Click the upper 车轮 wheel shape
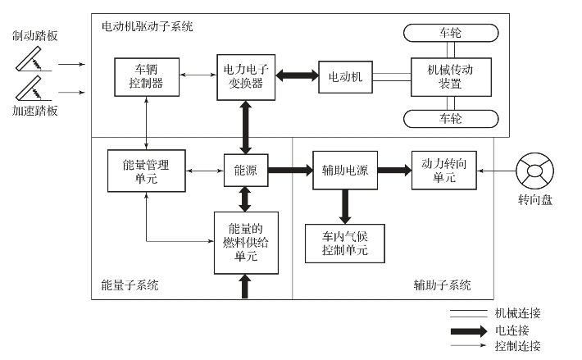[449, 34]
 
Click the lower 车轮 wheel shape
[449, 119]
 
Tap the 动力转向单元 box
[443, 171]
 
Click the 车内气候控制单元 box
[345, 244]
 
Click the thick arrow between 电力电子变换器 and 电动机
[297, 76]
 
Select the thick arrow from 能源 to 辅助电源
[289, 171]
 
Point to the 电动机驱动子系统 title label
[147, 26]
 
